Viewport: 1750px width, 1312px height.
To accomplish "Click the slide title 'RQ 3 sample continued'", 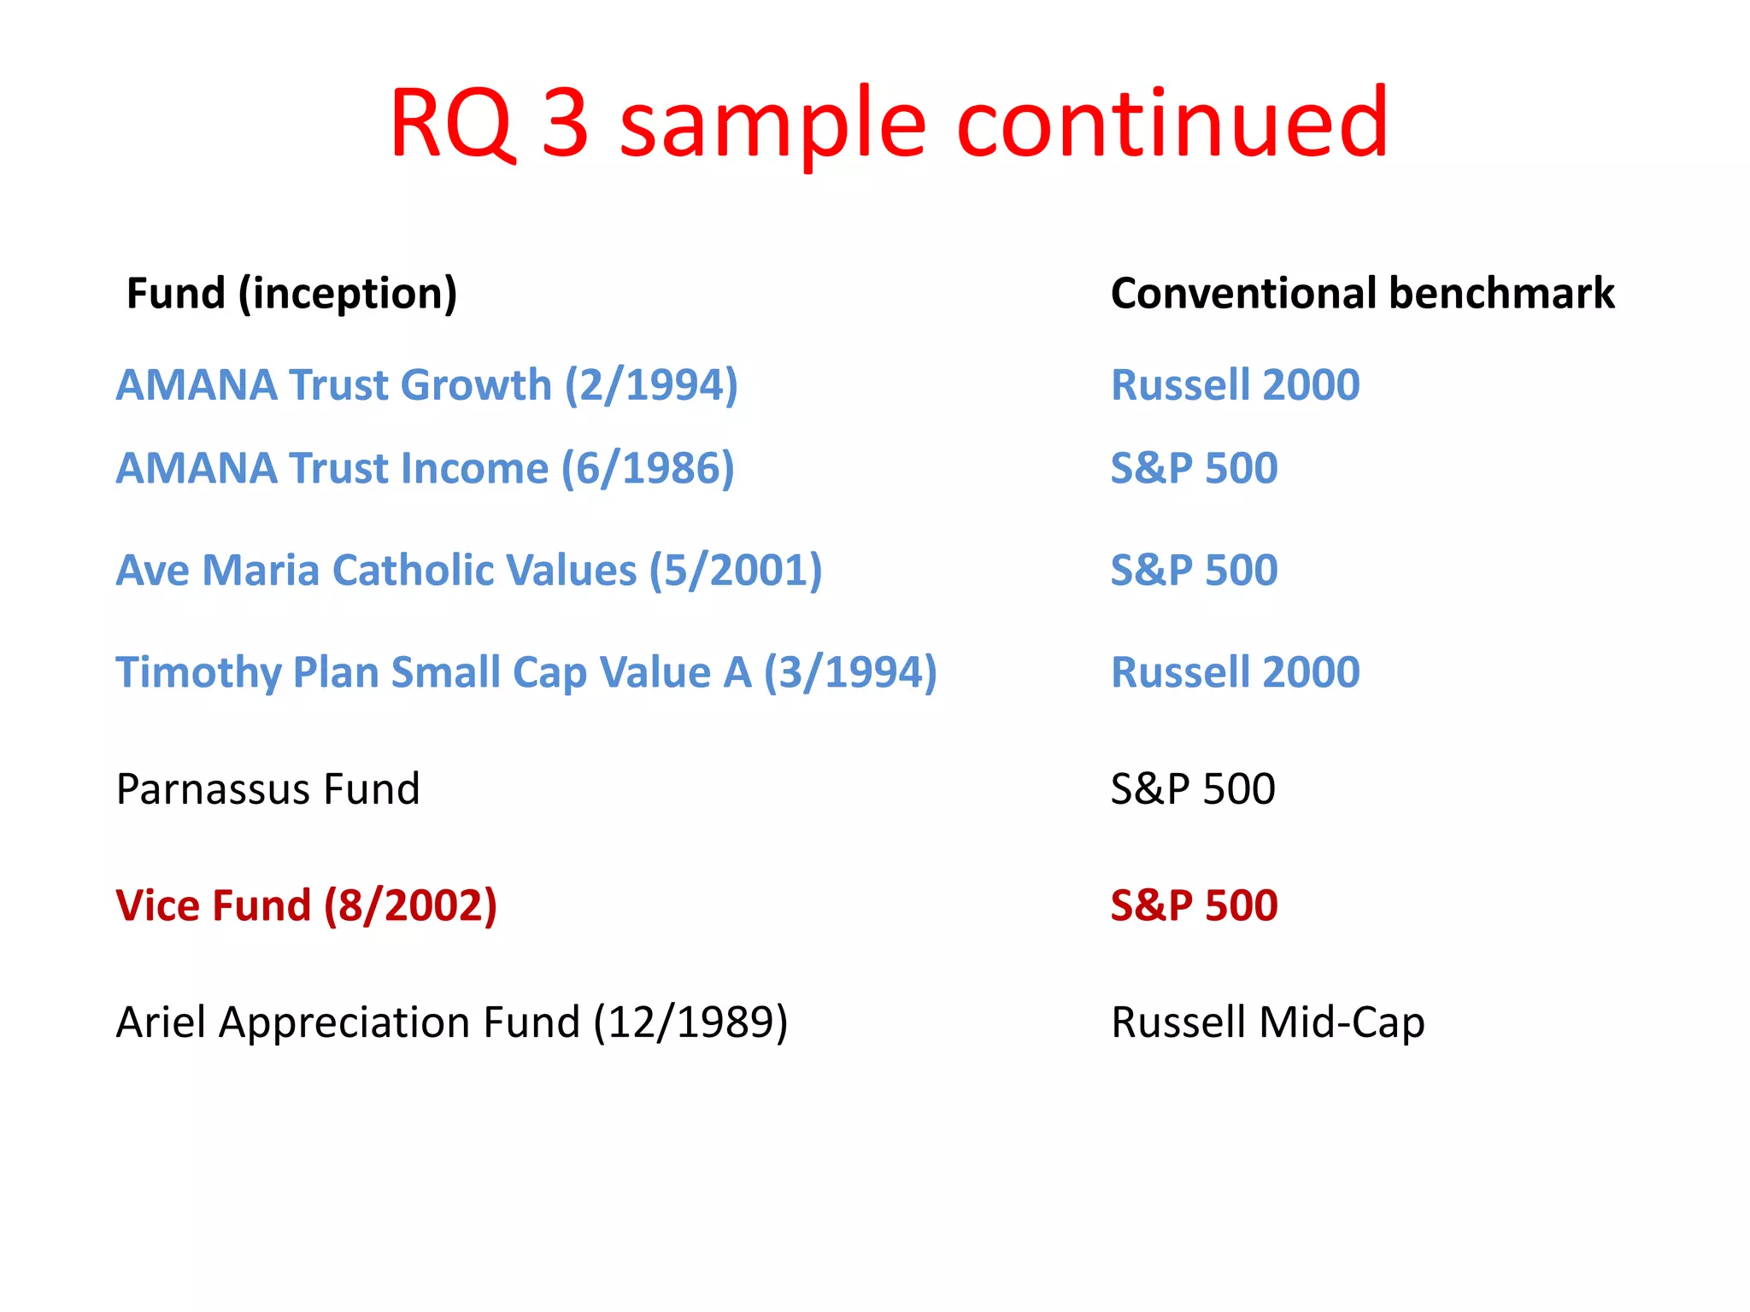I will [x=889, y=124].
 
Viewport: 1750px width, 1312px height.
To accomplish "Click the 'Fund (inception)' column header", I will [x=291, y=294].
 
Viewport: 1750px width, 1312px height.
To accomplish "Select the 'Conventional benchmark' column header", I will [x=1362, y=294].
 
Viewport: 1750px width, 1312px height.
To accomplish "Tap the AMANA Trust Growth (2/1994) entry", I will [x=426, y=385].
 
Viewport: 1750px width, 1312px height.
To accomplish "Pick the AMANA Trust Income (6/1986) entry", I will [x=425, y=469].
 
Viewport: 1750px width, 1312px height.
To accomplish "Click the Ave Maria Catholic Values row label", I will [x=468, y=571].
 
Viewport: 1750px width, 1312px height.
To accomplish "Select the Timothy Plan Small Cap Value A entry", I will [x=526, y=672].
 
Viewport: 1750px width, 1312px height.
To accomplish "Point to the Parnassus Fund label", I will [x=267, y=789].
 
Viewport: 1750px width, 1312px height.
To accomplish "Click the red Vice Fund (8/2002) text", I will [x=306, y=906].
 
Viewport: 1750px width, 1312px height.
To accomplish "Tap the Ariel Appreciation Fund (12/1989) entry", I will [x=451, y=1022].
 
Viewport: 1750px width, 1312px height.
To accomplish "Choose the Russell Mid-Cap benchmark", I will [x=1267, y=1022].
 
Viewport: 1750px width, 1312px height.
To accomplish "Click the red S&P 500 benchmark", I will [x=1194, y=906].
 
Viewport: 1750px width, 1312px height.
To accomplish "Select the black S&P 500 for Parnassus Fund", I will [x=1193, y=789].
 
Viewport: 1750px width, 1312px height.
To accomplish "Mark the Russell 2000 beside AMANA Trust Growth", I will [x=1235, y=385].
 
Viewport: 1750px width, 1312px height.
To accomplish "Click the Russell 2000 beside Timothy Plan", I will [x=1235, y=672].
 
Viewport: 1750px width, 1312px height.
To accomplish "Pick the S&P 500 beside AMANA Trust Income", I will [x=1194, y=469].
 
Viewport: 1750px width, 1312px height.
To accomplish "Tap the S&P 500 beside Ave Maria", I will [x=1194, y=571].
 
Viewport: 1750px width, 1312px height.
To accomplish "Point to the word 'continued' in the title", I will [x=1172, y=124].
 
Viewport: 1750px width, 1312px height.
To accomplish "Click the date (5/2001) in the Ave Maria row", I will [x=736, y=571].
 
